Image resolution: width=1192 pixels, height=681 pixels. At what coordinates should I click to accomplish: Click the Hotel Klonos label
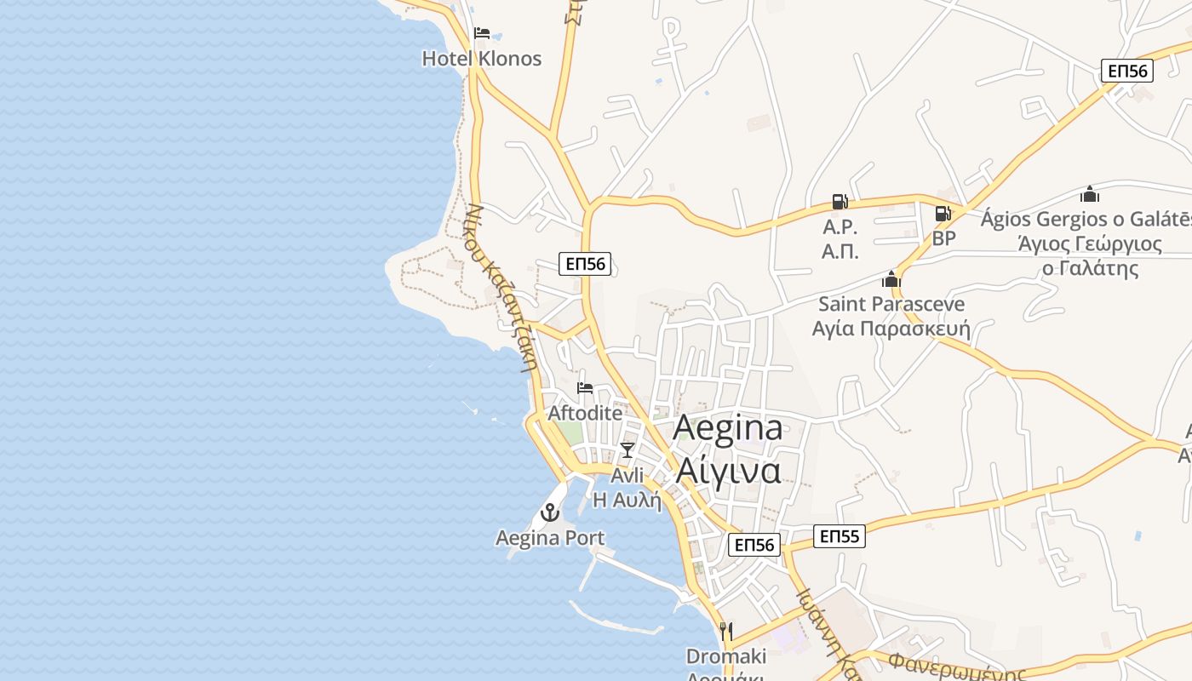pos(482,59)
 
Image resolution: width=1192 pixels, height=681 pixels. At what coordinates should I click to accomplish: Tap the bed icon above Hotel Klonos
pos(482,34)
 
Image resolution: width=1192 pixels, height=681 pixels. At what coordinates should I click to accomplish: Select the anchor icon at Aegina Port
pos(550,512)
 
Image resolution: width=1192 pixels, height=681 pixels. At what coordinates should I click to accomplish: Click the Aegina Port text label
pos(550,538)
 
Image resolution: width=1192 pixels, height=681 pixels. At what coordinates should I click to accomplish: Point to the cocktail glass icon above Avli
pos(628,449)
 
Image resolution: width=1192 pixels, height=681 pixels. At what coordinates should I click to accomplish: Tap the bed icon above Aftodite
pos(585,388)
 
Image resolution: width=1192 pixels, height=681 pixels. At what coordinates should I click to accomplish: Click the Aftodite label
pos(585,413)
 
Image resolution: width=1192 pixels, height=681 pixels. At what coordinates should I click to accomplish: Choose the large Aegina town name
pos(728,427)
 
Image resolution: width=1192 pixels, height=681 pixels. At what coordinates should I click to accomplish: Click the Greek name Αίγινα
pos(728,469)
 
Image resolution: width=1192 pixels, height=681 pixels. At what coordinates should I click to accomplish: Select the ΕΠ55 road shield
pos(839,536)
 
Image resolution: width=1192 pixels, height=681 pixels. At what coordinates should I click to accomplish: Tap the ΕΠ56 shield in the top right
pos(1126,71)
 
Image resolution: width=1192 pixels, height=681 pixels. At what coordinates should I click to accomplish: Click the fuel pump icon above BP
pos(943,214)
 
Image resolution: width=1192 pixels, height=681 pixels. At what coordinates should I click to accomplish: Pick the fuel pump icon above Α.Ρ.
pos(840,202)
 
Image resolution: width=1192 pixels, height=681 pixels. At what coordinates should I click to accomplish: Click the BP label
pos(943,238)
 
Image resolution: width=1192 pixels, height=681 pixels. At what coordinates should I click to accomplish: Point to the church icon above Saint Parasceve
pos(891,279)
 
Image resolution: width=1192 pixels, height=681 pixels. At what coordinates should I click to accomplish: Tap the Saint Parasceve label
pos(891,304)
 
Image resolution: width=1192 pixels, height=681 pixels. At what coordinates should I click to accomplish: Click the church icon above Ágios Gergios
pos(1090,194)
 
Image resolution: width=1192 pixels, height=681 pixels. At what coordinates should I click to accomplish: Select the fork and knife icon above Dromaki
pos(726,631)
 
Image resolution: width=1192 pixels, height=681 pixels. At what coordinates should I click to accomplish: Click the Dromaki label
pos(726,656)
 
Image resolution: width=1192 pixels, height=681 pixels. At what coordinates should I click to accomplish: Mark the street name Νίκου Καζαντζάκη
pos(502,286)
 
